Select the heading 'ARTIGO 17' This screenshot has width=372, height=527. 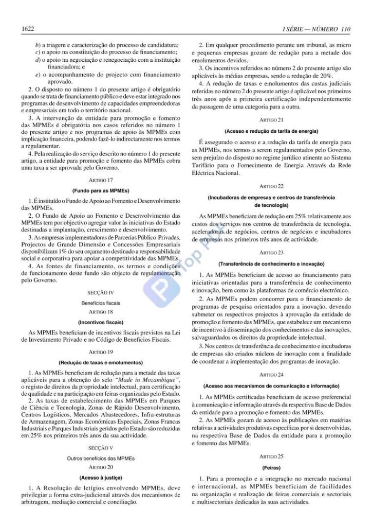point(101,180)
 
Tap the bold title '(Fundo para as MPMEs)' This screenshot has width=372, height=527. point(101,190)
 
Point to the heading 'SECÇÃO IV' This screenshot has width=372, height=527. point(101,293)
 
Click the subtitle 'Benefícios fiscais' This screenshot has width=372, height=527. point(101,303)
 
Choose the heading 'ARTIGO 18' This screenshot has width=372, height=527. point(101,312)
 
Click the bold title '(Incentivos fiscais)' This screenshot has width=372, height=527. point(101,322)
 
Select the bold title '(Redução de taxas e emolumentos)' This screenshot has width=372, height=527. point(101,361)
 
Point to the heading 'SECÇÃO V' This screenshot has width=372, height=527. point(101,448)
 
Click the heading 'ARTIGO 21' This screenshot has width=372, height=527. point(271,120)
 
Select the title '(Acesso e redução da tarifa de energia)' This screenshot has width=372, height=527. point(271,131)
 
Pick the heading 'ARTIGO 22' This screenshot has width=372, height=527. point(271,185)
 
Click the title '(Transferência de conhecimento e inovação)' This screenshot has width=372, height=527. point(271,263)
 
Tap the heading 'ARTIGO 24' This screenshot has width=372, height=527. point(271,375)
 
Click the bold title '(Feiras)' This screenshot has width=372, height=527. point(271,468)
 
